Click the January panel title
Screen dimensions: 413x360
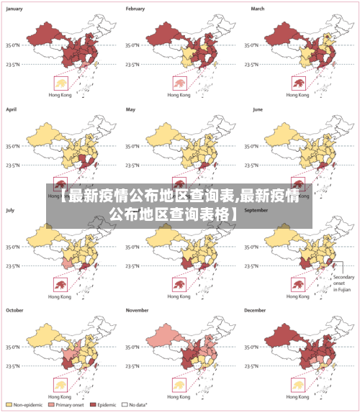[15, 9]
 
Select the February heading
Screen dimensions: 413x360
[136, 9]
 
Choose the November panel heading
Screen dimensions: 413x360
[138, 310]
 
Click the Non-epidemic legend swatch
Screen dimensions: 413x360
[9, 404]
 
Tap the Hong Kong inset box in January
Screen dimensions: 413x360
[59, 83]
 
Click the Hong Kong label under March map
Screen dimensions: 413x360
[297, 95]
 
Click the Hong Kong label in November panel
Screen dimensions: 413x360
[179, 396]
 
